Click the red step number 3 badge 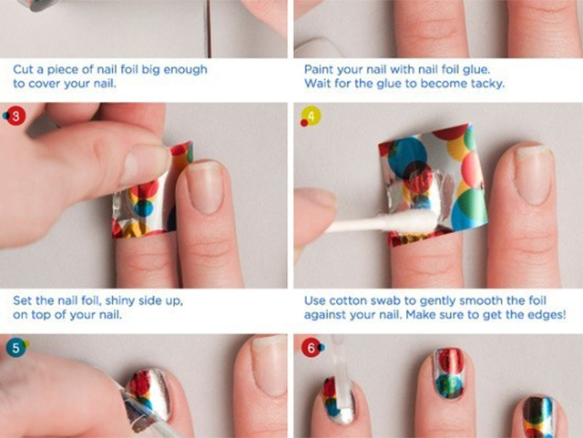click(x=15, y=117)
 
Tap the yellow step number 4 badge click(x=312, y=117)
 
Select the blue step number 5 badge click(x=15, y=348)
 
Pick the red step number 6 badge click(x=311, y=348)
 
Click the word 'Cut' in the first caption click(x=23, y=69)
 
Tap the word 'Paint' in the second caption click(x=316, y=69)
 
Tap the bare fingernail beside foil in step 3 click(x=206, y=187)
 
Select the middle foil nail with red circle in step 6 click(x=449, y=373)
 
